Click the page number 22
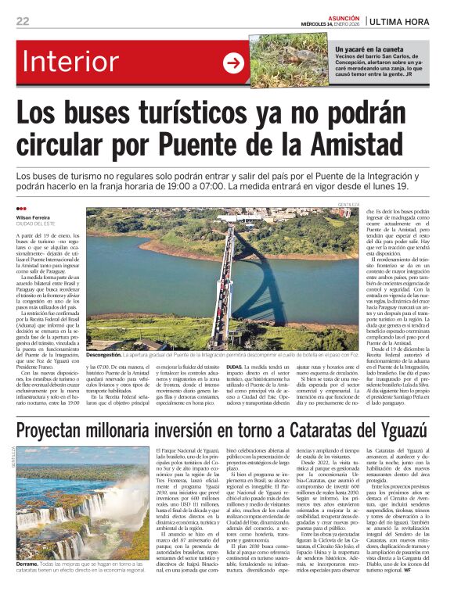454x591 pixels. pos(23,21)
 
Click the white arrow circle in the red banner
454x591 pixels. pos(233,63)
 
